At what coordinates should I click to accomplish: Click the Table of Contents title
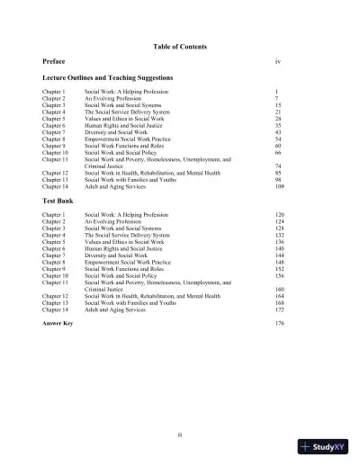[180, 45]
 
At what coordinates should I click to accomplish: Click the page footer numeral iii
[180, 435]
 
